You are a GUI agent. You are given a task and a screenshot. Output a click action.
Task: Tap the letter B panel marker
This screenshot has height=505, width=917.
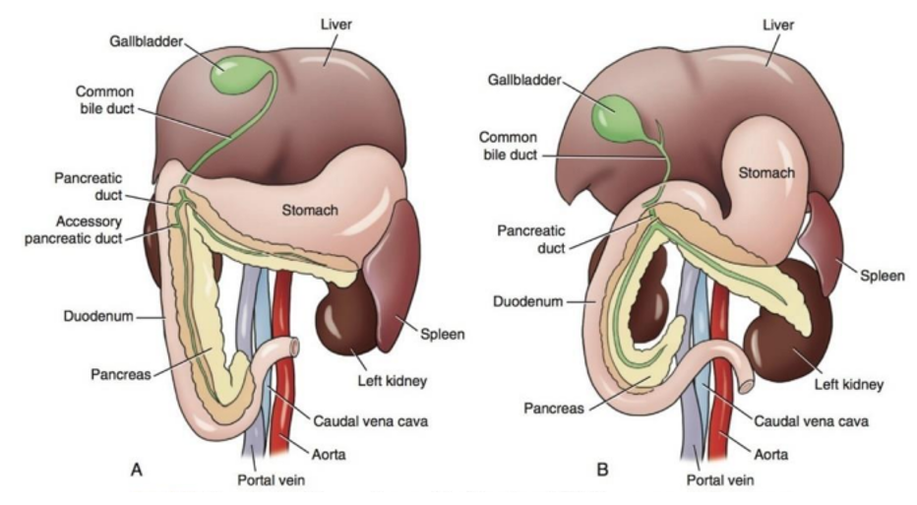pos(601,471)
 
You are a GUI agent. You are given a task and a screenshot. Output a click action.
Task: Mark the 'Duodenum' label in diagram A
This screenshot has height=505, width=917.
pos(85,317)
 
